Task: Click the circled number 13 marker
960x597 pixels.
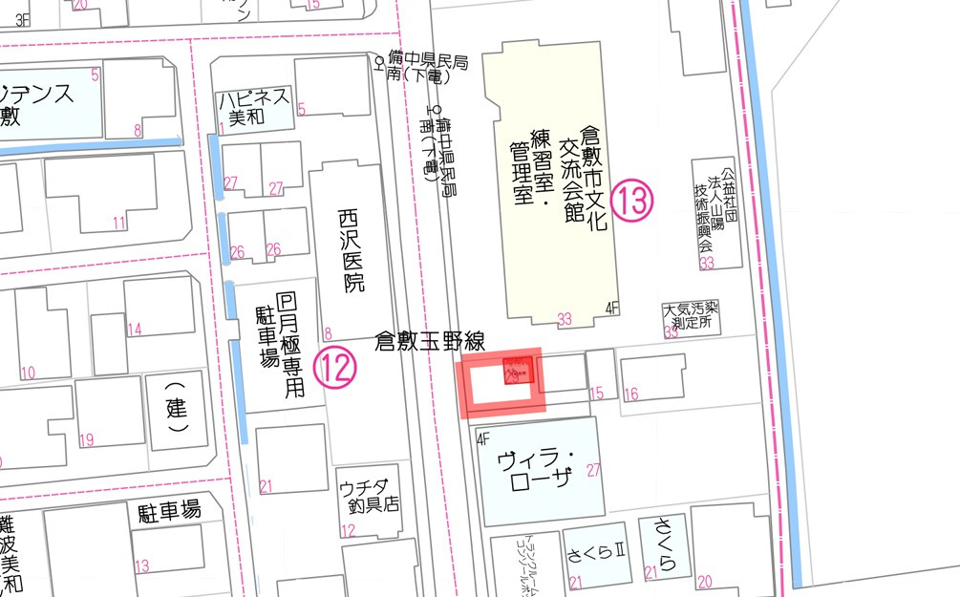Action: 632,201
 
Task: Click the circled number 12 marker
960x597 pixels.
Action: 335,366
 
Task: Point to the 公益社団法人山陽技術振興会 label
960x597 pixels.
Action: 719,209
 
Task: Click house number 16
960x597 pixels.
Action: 630,394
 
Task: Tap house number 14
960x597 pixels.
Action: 134,330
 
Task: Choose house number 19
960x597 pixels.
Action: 86,440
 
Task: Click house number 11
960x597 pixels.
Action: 118,224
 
